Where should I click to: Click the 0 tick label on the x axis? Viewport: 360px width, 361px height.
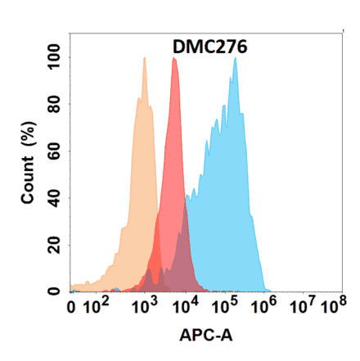tap(72, 309)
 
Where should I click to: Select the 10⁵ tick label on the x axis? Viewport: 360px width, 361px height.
tap(223, 307)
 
